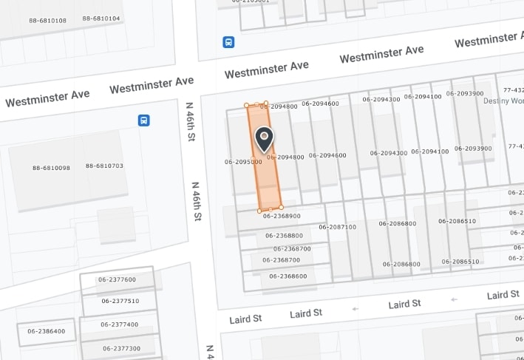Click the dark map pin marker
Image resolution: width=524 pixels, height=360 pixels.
[264, 138]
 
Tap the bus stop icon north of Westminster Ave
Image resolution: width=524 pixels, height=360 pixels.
[229, 42]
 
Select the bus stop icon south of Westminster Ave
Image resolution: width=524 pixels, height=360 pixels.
[143, 120]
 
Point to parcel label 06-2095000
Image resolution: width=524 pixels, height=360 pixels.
[243, 161]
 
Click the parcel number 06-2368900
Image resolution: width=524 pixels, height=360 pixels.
[282, 217]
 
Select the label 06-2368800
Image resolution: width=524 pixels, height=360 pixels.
[284, 236]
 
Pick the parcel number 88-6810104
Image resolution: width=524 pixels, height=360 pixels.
[101, 18]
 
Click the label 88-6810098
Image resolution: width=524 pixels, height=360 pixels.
[51, 168]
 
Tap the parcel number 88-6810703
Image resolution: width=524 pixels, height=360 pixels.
[104, 166]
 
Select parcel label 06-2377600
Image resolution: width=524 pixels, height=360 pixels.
[118, 279]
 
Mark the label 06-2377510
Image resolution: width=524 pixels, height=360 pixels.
[120, 301]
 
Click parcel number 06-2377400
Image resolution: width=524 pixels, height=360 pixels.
[120, 325]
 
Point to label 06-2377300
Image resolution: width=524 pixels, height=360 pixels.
[122, 348]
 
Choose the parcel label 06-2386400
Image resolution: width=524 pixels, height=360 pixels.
[47, 331]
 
